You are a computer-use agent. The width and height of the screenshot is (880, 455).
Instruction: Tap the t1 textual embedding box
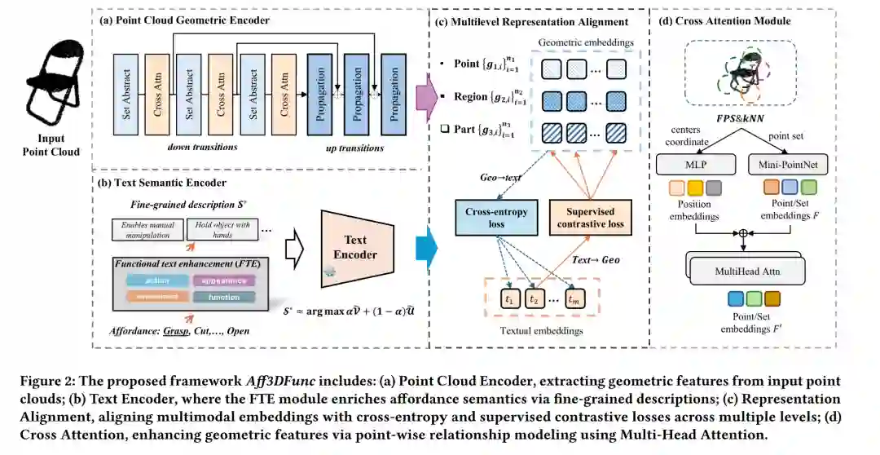[509, 298]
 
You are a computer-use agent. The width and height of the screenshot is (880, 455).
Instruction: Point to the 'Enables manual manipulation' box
[147, 230]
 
